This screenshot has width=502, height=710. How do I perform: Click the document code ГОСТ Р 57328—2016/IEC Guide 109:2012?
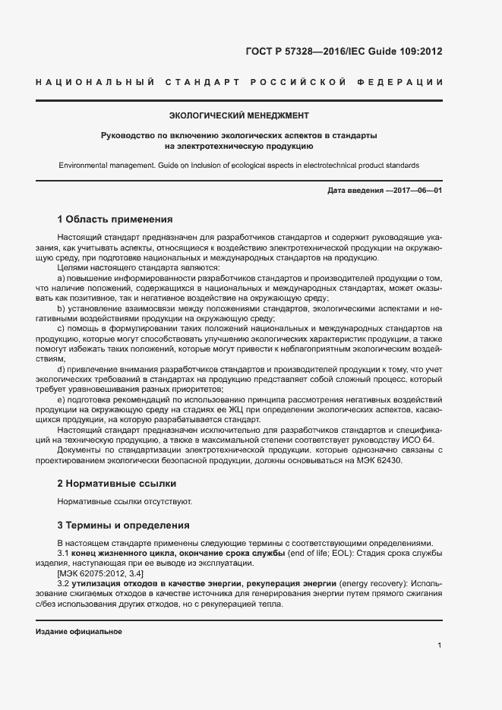(x=344, y=52)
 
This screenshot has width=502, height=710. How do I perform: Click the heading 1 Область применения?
(x=115, y=220)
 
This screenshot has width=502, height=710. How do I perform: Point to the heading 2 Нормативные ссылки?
(x=117, y=483)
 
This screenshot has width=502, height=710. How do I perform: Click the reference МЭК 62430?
(x=377, y=460)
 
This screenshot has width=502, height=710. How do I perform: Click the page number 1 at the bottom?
(x=440, y=645)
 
